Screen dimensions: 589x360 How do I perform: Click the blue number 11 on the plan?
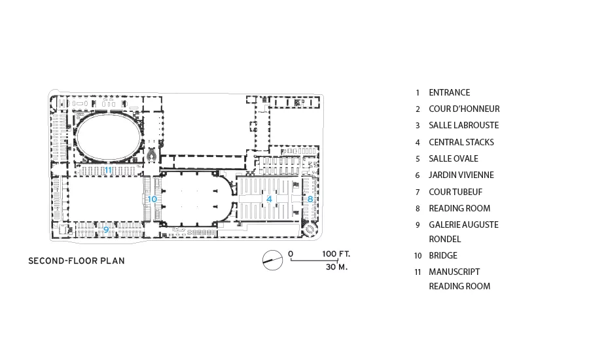pos(108,170)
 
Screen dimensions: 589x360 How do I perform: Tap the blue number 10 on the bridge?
pos(152,199)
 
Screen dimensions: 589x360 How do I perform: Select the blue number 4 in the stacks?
pos(269,199)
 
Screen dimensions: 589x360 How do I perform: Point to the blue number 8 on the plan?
pos(310,199)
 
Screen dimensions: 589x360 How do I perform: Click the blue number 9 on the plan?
pos(106,230)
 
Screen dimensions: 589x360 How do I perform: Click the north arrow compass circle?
pos(272,260)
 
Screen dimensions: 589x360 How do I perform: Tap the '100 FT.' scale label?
pos(336,254)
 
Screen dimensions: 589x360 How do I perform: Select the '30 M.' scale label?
pos(336,267)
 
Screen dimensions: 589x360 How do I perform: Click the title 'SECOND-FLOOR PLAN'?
pos(77,261)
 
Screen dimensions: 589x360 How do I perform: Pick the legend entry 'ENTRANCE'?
pos(449,92)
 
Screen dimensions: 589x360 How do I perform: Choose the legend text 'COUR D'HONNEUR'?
pos(464,109)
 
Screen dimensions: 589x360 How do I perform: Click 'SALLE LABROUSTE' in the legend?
pos(464,126)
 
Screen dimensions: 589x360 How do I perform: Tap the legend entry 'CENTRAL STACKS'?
pos(461,143)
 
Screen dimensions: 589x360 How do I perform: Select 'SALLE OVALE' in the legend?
pos(454,158)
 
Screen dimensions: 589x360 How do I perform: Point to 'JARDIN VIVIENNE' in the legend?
pos(461,175)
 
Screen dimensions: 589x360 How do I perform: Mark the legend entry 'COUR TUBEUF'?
pos(455,192)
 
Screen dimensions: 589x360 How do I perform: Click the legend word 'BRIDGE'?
pos(443,255)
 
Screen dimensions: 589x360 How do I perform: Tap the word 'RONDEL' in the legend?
pos(445,239)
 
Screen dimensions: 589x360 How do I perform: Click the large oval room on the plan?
pos(109,137)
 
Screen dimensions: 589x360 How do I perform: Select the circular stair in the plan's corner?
pos(311,230)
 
